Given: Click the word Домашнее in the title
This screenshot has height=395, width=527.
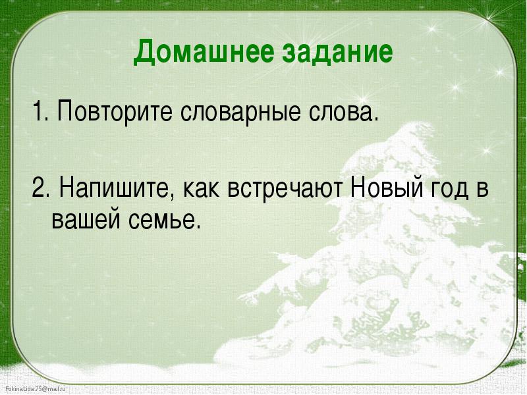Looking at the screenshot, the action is point(204,52).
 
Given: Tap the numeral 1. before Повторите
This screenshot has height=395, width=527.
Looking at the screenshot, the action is point(40,111).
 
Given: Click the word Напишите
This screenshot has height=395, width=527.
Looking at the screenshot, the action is point(115,188).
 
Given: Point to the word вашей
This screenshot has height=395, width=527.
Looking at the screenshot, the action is point(86,220).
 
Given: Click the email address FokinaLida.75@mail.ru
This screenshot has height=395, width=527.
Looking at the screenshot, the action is point(36,389).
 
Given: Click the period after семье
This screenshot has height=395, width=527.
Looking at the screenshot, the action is point(198,227).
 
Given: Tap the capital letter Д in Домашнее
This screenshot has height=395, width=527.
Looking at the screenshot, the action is point(144,53).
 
